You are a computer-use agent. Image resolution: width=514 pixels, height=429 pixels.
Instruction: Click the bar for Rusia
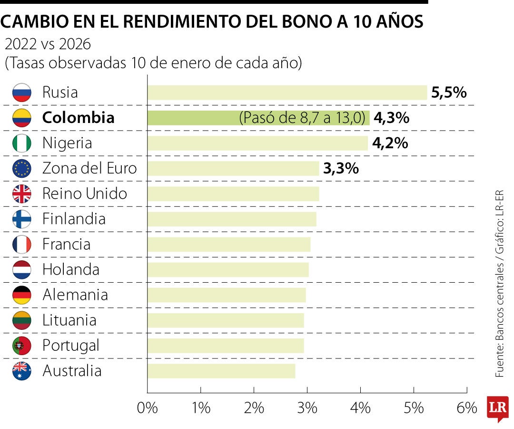287,92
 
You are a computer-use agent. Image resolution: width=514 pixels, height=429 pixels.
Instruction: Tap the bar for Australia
221,371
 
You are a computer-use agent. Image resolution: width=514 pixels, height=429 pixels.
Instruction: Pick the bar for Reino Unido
233,194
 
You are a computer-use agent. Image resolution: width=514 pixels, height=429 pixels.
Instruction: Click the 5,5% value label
448,92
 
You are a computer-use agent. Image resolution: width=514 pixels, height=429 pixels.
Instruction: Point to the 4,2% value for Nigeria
390,143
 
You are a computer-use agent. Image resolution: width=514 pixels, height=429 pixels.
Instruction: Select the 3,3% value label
341,168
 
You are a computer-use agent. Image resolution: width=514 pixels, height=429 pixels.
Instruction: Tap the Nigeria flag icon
22,143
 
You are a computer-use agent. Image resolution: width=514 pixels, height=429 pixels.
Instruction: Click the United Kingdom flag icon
22,194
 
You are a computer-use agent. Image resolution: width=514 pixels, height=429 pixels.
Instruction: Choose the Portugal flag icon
22,345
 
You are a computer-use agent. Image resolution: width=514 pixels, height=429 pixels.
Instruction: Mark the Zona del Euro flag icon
22,168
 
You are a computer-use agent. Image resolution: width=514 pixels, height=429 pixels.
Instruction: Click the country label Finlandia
74,219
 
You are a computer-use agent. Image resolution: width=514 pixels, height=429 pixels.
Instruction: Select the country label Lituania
69,320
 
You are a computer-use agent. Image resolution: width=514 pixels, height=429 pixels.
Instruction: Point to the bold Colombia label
79,118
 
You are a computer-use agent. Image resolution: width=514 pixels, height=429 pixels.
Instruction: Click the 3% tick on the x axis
307,408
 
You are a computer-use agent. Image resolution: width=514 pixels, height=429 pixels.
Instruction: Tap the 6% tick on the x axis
466,408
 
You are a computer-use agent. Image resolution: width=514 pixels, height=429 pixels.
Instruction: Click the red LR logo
497,408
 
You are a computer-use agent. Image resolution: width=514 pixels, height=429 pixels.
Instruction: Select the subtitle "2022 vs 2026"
48,44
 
